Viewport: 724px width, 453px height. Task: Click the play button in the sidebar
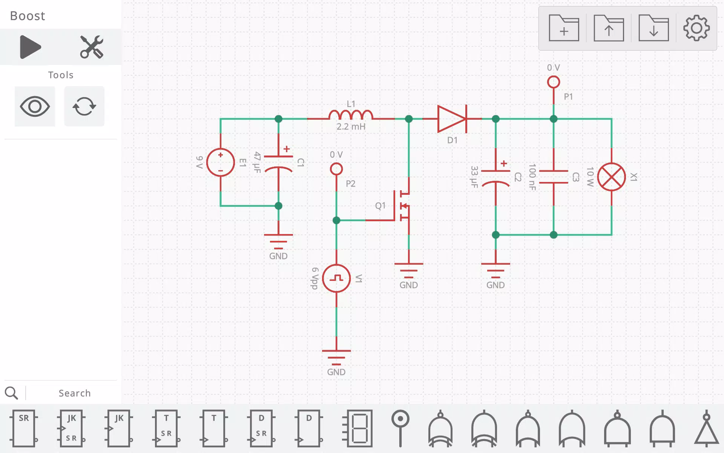coord(30,47)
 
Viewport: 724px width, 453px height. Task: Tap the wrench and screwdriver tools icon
coord(92,47)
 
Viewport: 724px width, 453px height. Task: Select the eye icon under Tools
coord(35,106)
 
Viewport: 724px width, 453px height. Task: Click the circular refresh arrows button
coord(84,106)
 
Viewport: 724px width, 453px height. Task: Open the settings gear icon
coord(696,28)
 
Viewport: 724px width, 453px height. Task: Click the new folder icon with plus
coord(564,28)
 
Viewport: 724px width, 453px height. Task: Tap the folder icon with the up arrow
coord(609,28)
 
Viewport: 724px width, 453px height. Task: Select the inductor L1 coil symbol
coord(351,115)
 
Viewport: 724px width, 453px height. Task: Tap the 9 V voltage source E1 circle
coord(221,162)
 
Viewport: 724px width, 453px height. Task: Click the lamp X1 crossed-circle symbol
coord(611,177)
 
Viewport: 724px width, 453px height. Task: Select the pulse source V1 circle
coord(336,279)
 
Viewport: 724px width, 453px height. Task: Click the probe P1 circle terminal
coord(554,82)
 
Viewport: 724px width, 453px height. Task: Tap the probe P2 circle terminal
coord(336,169)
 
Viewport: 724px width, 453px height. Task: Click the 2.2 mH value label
coord(351,126)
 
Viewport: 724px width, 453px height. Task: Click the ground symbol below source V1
coord(336,357)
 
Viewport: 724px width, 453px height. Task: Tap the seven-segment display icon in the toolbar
coord(357,428)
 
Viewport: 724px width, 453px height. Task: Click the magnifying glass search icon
coord(11,393)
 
